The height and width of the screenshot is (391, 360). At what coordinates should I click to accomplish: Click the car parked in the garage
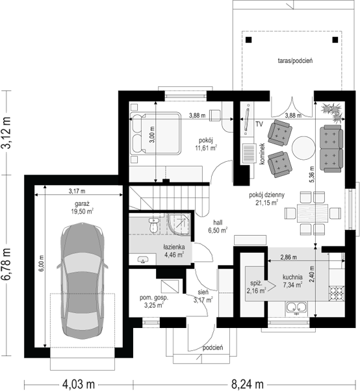(83, 281)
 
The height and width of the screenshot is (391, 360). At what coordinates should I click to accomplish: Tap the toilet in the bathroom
(153, 225)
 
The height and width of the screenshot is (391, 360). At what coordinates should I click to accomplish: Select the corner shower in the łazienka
(179, 224)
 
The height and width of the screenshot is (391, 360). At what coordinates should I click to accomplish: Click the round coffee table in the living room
(303, 148)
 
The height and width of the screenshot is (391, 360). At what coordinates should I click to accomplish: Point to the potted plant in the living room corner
(333, 112)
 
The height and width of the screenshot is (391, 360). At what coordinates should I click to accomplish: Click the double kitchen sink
(296, 308)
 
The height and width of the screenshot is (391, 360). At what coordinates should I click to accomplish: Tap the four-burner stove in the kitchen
(337, 294)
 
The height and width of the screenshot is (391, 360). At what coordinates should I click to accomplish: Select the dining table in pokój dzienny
(313, 213)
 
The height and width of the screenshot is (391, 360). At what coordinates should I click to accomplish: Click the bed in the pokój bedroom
(155, 133)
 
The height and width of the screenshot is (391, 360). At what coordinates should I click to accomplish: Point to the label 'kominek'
(262, 153)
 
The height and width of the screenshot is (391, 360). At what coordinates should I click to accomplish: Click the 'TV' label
(259, 124)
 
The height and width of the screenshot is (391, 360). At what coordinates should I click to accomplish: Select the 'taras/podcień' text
(295, 60)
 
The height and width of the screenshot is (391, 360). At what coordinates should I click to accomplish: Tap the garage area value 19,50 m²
(82, 212)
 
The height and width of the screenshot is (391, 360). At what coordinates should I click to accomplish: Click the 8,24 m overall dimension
(247, 384)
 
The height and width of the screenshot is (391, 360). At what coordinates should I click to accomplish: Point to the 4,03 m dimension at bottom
(79, 384)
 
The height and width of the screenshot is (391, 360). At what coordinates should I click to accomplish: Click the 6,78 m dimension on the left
(6, 264)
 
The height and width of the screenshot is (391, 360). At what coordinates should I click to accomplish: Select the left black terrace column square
(249, 40)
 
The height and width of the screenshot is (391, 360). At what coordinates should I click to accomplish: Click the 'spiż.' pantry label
(256, 283)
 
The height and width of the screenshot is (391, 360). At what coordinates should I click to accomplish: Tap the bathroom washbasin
(143, 260)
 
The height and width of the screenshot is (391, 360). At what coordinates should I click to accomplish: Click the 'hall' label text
(218, 222)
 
